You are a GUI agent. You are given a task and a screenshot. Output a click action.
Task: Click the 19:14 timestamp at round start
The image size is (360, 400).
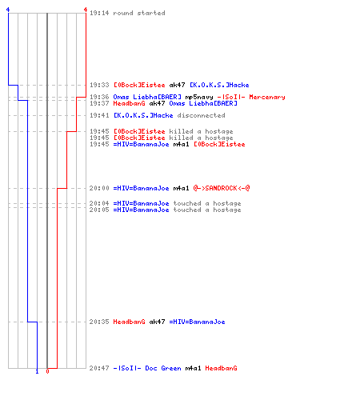click(99, 13)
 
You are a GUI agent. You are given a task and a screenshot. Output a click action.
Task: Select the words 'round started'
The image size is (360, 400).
click(139, 13)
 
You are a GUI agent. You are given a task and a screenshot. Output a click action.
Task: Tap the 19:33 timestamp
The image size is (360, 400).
click(99, 85)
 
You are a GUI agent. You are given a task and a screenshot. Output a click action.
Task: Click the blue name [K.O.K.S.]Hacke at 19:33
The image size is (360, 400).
click(219, 85)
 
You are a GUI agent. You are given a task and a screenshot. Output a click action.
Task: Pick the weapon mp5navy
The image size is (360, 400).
click(199, 97)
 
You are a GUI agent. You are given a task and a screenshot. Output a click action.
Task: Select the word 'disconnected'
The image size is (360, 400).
click(201, 115)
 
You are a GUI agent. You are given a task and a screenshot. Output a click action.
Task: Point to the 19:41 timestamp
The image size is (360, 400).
click(99, 115)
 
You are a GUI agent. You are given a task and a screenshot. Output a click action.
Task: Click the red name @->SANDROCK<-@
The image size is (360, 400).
click(222, 188)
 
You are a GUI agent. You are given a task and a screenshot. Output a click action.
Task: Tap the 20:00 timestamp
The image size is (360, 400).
click(99, 188)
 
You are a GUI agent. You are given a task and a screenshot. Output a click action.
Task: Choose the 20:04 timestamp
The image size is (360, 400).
click(99, 203)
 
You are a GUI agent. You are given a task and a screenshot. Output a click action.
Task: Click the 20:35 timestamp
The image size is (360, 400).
click(99, 322)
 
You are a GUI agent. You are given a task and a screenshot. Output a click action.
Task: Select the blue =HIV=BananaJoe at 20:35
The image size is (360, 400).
click(197, 322)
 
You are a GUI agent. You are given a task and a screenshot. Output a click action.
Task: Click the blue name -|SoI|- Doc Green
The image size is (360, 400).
click(147, 368)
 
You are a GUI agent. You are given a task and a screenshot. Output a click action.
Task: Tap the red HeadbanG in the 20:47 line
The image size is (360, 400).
click(221, 368)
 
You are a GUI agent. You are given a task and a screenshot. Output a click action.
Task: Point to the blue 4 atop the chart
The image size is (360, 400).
click(8, 10)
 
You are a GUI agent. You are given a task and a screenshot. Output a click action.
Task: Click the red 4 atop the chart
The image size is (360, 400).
click(86, 10)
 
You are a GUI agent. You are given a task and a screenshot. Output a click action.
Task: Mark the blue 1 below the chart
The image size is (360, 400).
click(37, 371)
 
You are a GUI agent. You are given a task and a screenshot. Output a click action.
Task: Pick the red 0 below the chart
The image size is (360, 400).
click(47, 371)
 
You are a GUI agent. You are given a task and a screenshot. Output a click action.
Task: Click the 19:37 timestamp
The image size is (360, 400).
click(99, 103)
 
